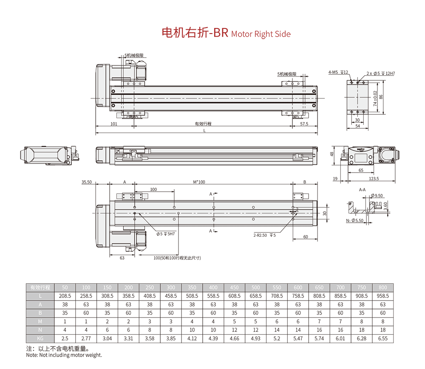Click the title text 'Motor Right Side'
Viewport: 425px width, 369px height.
[261, 34]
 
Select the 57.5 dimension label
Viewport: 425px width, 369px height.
[304, 124]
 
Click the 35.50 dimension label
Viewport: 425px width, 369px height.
[87, 182]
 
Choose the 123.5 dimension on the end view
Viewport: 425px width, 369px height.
[374, 179]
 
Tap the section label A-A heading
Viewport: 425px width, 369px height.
[363, 189]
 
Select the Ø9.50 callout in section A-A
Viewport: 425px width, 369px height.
[377, 196]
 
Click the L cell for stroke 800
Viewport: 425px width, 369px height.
[382, 296]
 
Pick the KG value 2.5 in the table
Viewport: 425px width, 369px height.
[65, 338]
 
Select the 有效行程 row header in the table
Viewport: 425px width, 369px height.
[40, 287]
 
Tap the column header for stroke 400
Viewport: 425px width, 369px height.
[213, 287]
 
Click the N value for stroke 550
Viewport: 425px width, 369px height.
[277, 330]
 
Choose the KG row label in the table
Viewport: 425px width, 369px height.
[40, 338]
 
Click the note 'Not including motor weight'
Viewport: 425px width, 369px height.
[64, 355]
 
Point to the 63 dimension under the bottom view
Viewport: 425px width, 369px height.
[122, 258]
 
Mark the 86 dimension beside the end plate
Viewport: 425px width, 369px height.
[381, 97]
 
